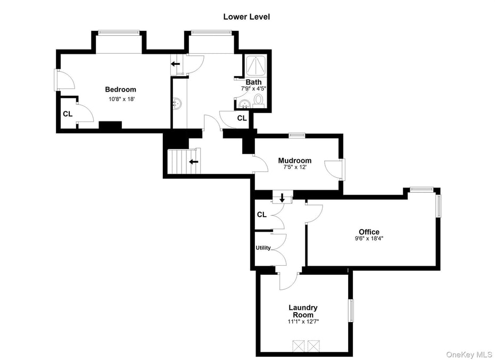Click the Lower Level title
click(x=246, y=17)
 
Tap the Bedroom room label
click(x=120, y=89)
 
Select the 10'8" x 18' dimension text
click(x=120, y=99)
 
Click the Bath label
click(x=253, y=82)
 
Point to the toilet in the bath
click(x=259, y=100)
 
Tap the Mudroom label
click(x=295, y=160)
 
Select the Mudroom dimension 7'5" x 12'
click(x=295, y=167)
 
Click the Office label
click(x=369, y=232)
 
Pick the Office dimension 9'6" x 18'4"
click(x=369, y=239)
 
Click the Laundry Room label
click(x=303, y=311)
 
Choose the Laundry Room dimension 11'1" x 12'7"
click(x=303, y=322)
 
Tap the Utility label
click(x=263, y=248)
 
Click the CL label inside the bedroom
click(x=68, y=113)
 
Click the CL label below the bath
click(x=242, y=118)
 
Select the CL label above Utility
click(x=261, y=215)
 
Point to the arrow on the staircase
click(x=194, y=161)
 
